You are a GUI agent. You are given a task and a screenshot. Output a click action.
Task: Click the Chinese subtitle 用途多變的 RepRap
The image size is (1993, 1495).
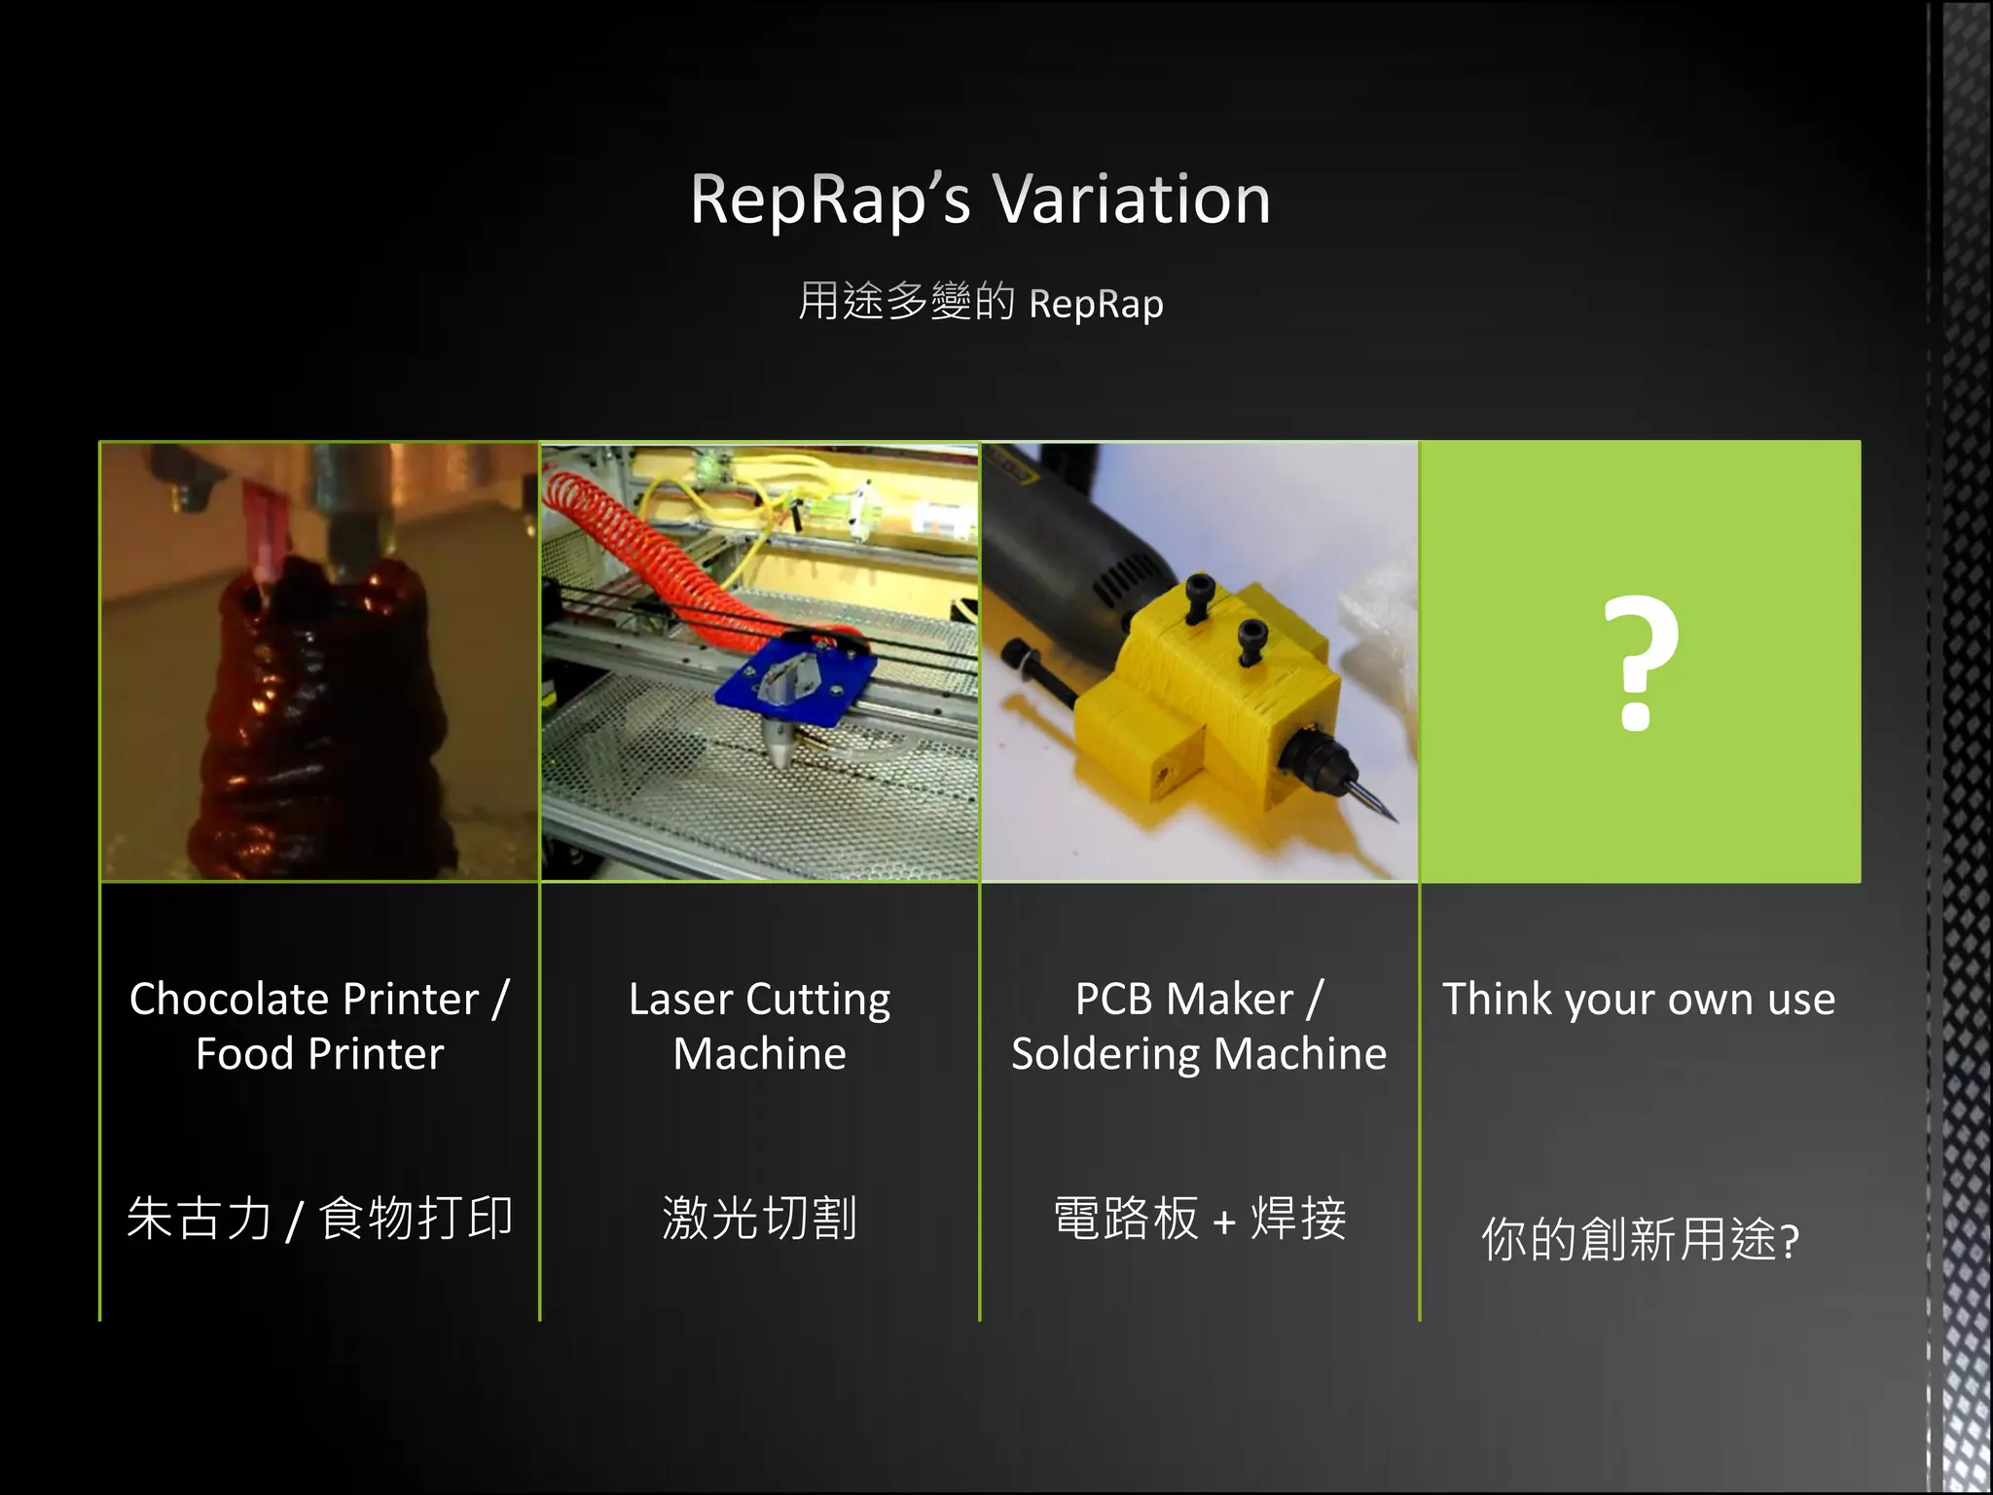(980, 302)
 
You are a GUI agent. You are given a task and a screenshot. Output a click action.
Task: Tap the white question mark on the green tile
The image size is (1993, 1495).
(1640, 662)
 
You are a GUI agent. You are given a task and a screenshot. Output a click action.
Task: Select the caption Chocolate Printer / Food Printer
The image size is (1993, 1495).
(319, 1026)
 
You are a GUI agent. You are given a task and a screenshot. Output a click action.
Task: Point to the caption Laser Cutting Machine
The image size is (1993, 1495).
(759, 1026)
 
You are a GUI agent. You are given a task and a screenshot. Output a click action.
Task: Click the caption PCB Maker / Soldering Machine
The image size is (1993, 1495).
(1199, 1026)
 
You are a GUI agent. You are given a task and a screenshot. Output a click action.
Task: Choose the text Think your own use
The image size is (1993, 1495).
(1639, 1000)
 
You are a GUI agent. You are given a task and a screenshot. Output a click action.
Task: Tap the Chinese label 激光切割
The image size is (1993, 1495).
(759, 1218)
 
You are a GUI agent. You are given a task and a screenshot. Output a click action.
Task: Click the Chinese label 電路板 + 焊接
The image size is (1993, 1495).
(1199, 1218)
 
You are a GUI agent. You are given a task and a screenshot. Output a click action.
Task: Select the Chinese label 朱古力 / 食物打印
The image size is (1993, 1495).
(319, 1218)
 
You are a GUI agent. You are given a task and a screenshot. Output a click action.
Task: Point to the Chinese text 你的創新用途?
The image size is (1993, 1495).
(1640, 1239)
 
